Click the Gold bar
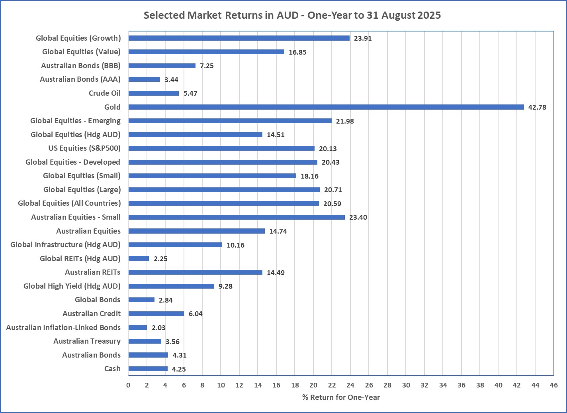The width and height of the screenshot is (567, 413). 326,107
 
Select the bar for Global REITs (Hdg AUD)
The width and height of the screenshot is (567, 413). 139,258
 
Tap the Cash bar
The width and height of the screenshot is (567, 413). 148,369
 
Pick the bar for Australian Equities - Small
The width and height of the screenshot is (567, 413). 237,217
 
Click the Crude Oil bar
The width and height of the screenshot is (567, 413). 153,93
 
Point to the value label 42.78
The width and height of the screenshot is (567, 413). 537,107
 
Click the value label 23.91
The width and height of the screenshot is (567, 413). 363,38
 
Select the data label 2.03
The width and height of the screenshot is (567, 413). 158,328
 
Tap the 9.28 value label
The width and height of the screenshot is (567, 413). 225,286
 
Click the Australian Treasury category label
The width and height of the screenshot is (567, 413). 87,341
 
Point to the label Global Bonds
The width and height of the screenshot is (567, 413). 98,300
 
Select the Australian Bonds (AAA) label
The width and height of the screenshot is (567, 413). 80,79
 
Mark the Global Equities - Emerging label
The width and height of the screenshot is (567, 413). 75,121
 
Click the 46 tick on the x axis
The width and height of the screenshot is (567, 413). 553,385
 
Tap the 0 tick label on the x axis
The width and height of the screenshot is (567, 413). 128,385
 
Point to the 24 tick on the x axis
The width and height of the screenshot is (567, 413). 350,385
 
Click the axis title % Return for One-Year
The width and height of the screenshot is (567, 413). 341,397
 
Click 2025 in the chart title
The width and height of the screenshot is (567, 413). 429,16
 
